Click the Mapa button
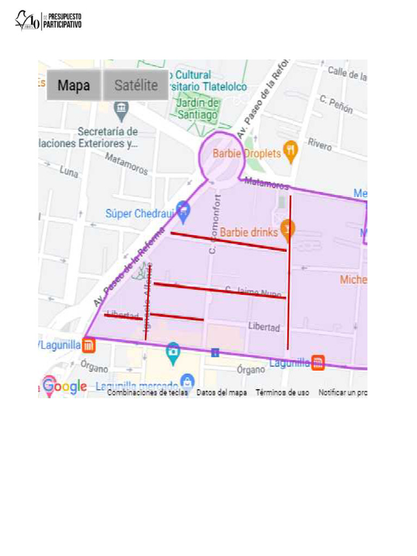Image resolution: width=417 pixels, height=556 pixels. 74,85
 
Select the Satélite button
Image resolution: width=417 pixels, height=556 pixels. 136,85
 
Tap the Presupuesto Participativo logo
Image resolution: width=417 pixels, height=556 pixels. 48,21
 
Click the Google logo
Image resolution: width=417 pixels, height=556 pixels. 65,386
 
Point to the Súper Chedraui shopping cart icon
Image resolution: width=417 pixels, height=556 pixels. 184,210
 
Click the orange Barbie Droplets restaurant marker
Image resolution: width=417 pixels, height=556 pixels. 292,152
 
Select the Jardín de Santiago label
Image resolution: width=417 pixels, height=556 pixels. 198,109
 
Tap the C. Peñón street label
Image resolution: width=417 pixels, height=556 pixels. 336,104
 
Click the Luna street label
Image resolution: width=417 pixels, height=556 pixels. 69,172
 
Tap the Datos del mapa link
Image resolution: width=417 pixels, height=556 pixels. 222,392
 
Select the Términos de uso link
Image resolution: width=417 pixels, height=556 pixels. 282,392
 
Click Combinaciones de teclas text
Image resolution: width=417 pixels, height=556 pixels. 147,392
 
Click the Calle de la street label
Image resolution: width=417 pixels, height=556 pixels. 347,73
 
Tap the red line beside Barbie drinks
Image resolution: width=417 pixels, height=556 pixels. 228,242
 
